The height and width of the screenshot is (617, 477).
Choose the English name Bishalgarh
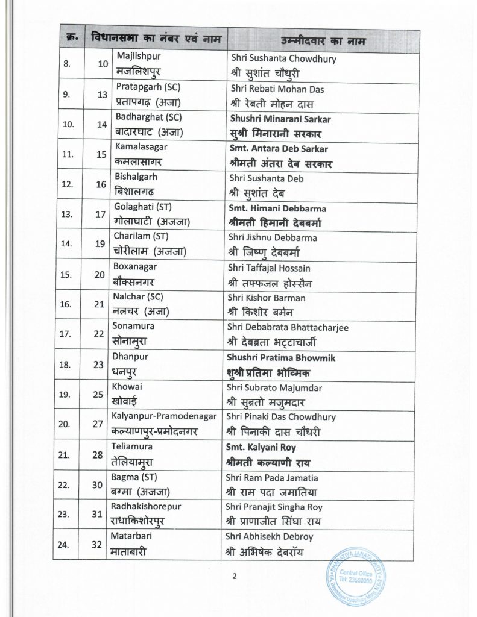[136, 178]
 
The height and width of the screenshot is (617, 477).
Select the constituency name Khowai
[127, 386]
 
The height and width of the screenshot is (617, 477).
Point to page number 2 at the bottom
[235, 576]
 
